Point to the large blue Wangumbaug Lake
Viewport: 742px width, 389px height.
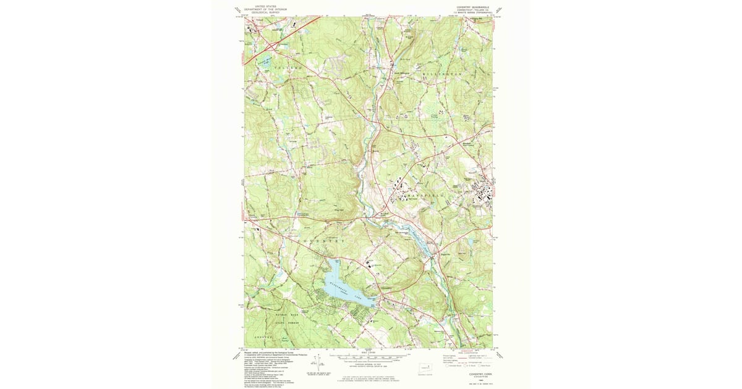pos(346,284)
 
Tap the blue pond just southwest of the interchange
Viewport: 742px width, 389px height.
pos(265,60)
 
